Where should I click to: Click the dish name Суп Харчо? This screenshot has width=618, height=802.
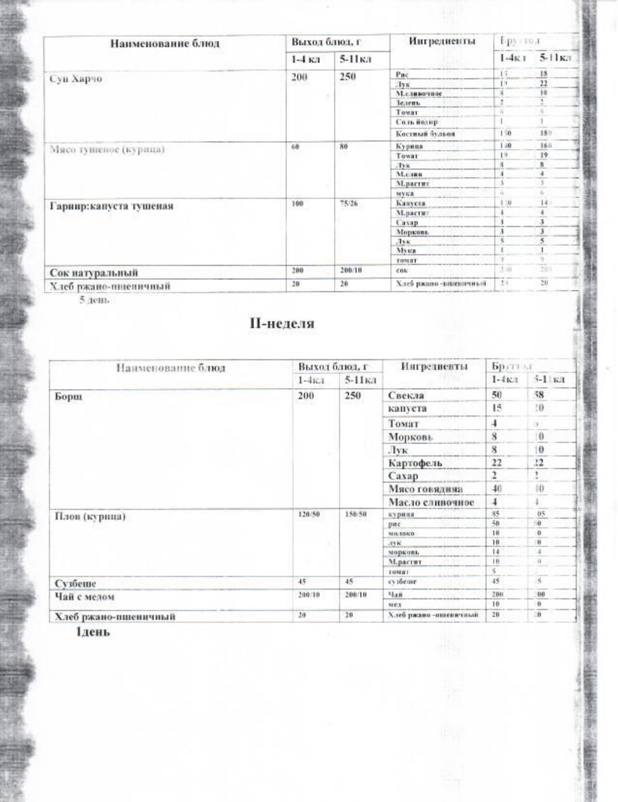[76, 80]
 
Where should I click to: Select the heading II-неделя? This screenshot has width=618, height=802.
[282, 323]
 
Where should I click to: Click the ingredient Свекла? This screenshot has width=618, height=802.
[406, 396]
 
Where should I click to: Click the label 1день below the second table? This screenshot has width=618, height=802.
[93, 632]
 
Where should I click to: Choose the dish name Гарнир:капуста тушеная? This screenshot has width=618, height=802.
[112, 206]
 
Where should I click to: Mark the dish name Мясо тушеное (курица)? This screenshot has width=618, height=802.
[107, 149]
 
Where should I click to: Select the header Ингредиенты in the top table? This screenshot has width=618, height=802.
[441, 42]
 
